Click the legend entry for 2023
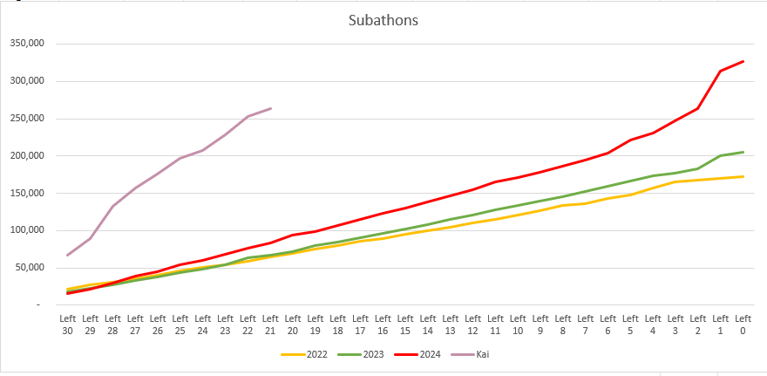point(363,354)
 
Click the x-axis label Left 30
point(67,325)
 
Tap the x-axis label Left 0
point(743,325)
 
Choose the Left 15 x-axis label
point(405,325)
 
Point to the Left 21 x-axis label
point(270,325)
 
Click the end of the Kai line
point(271,108)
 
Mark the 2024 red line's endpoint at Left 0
point(743,61)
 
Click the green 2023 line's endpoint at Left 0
point(743,152)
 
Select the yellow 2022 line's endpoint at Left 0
point(743,176)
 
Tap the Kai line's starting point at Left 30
point(67,255)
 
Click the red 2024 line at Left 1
point(721,71)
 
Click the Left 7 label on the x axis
point(586,325)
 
